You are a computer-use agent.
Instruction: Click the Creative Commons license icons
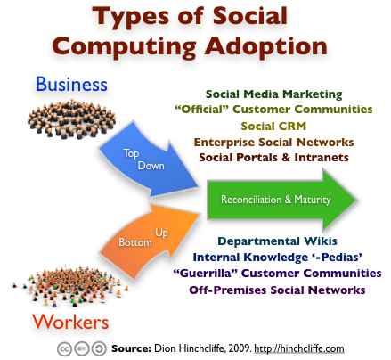[84, 347]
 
